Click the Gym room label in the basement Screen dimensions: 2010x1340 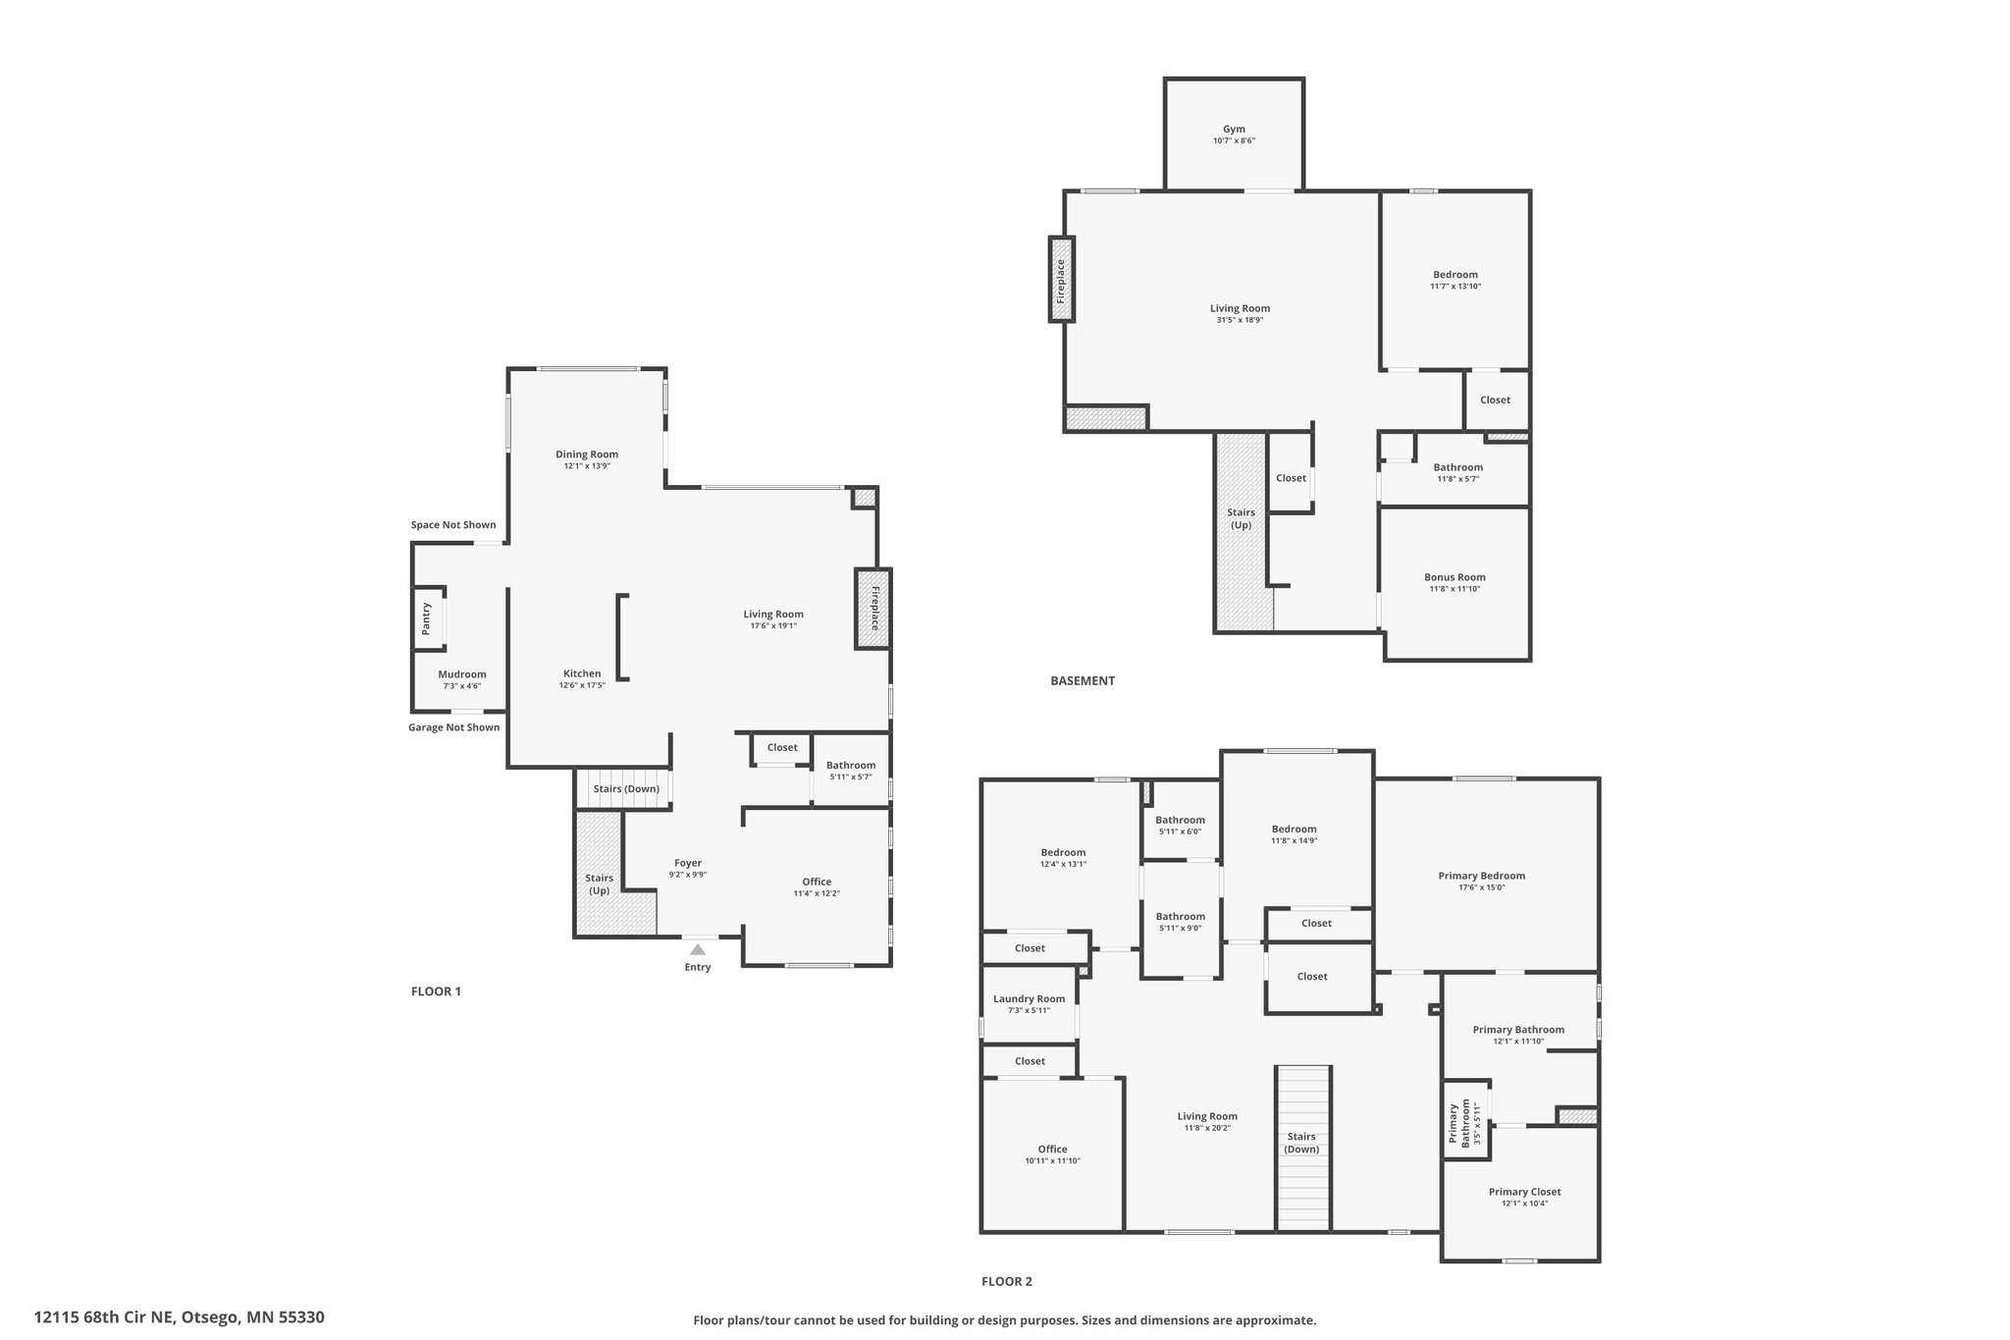1234,129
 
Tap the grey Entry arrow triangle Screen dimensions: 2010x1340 697,949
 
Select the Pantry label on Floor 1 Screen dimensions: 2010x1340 426,618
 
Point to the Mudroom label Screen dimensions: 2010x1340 462,674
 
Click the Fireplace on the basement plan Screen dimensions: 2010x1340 1061,279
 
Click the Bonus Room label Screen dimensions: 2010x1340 1455,577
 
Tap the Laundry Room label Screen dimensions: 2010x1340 1029,998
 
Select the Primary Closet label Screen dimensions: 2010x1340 1524,1192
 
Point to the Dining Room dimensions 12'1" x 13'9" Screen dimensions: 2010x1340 587,466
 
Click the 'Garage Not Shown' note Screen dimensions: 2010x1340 454,727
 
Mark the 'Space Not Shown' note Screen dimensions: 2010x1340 453,525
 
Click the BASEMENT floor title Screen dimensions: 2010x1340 1083,680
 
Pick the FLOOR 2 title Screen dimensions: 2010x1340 1007,1281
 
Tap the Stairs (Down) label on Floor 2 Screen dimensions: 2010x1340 1301,1143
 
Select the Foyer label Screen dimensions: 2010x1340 688,863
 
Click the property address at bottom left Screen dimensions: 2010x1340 180,1317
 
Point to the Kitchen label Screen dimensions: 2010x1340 582,673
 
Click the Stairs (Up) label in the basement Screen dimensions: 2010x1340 1242,518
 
